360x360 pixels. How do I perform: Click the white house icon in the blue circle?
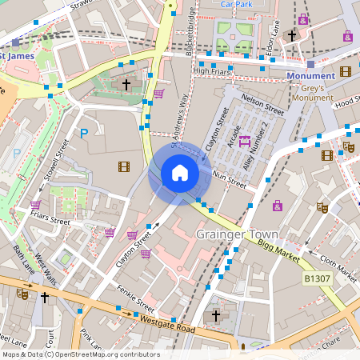pos(180,173)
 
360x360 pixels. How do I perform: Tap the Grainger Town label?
pos(238,234)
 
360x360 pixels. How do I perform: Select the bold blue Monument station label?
pos(311,76)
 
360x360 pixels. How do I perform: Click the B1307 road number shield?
pos(318,278)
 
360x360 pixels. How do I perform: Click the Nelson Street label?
pos(262,103)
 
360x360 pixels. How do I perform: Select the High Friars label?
pos(212,71)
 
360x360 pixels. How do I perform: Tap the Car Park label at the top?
pos(237,4)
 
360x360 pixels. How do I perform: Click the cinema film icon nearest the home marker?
pos(123,166)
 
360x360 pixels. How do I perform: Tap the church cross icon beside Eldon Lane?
pos(292,36)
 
